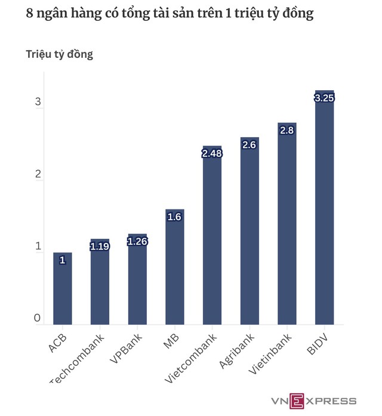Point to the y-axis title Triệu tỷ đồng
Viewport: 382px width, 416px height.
pyautogui.click(x=59, y=54)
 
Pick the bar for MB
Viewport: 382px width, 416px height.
pyautogui.click(x=174, y=269)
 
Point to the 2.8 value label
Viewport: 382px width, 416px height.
pyautogui.click(x=286, y=130)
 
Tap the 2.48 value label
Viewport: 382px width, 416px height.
pyautogui.click(x=212, y=153)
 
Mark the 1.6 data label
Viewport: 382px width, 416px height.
pyautogui.click(x=174, y=217)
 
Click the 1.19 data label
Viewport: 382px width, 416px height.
pyautogui.click(x=100, y=246)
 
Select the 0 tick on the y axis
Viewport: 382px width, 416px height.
pyautogui.click(x=37, y=319)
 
